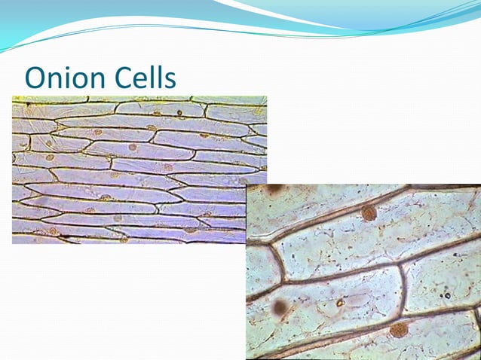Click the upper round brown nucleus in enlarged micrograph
point(369,213)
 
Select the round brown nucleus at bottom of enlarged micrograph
point(399,329)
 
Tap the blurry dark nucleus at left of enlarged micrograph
point(280,307)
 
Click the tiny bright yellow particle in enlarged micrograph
point(341,303)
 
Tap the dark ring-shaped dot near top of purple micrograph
point(179,114)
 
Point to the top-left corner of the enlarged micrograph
point(247,185)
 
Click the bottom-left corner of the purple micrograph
point(13,243)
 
